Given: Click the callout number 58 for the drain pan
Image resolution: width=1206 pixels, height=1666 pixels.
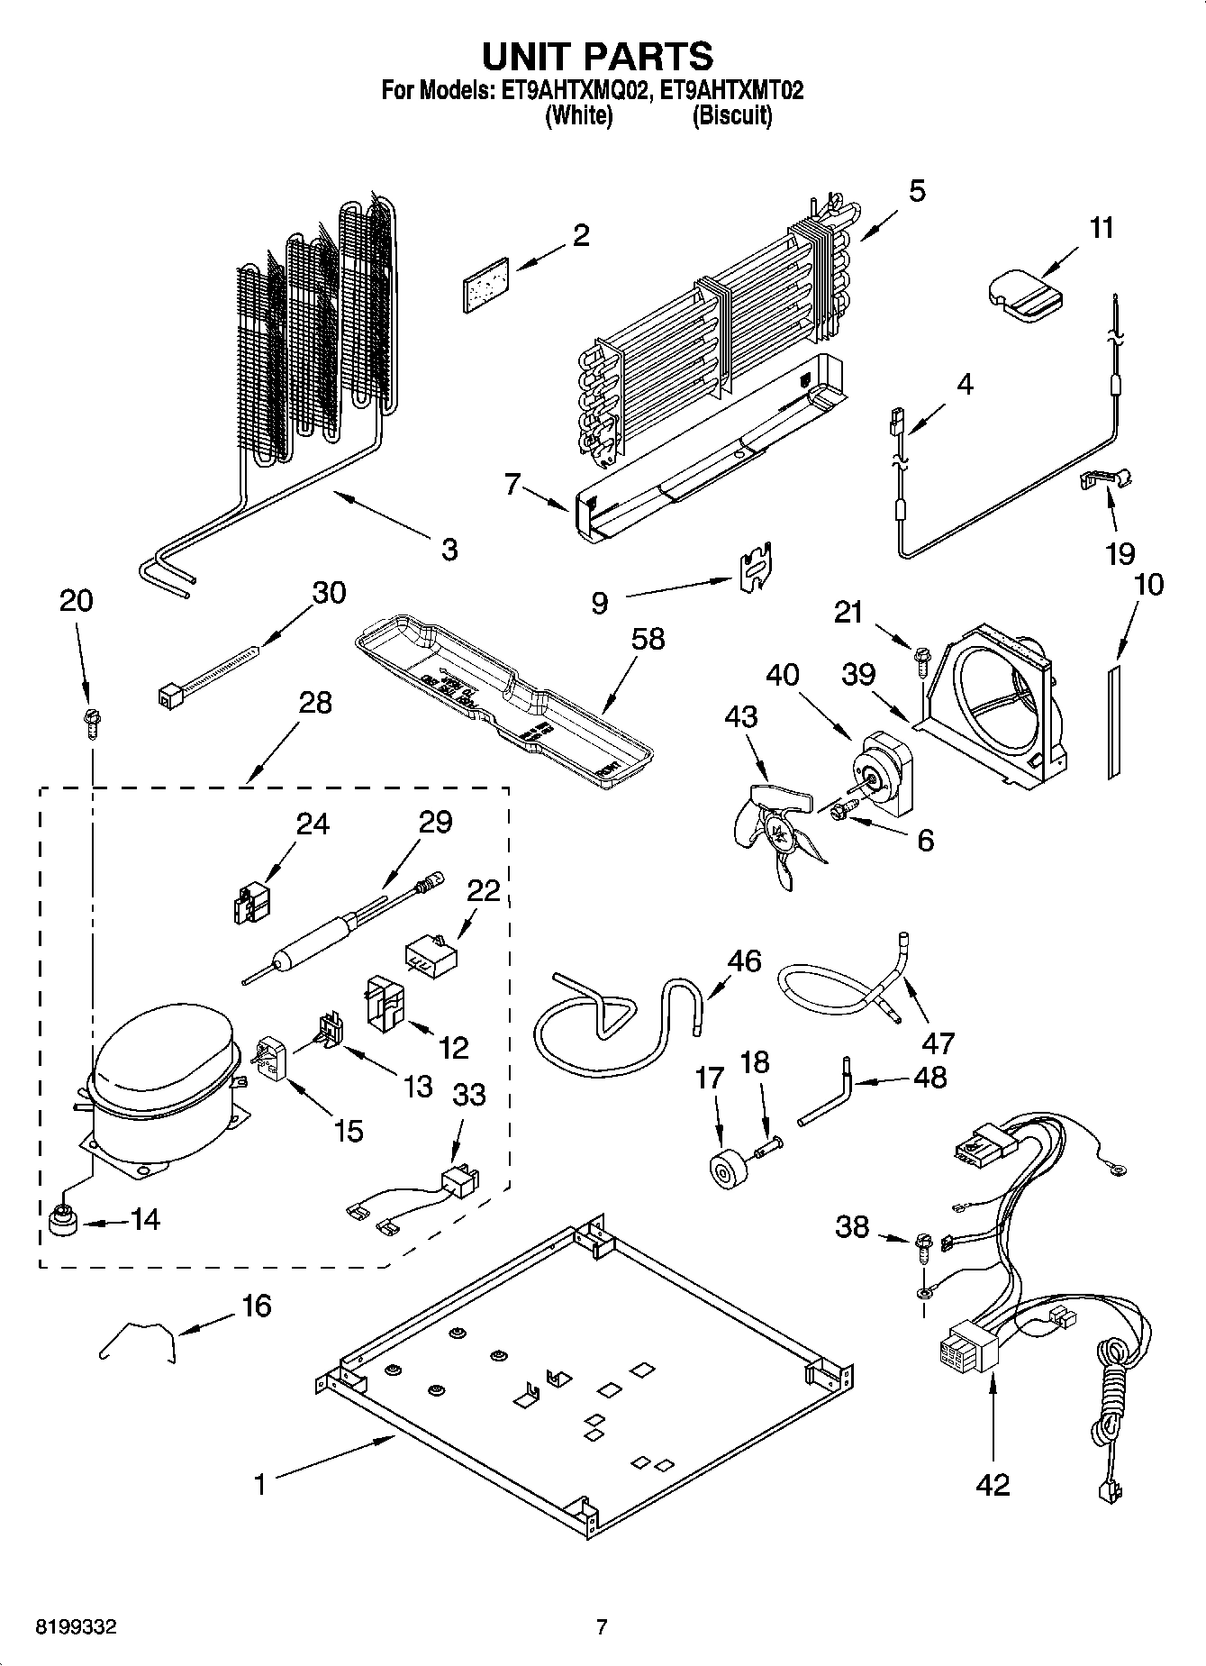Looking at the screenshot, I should [x=648, y=638].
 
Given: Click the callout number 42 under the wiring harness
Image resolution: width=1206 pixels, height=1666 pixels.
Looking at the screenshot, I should [x=993, y=1484].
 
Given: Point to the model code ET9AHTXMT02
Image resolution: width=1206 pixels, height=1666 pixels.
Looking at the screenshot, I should [x=731, y=90].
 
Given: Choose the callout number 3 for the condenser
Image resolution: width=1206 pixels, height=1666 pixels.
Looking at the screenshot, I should [x=449, y=548].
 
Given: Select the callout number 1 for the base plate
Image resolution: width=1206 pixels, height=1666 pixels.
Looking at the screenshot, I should [x=260, y=1484].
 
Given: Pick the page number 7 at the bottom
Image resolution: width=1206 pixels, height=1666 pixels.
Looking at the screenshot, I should [x=602, y=1627].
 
